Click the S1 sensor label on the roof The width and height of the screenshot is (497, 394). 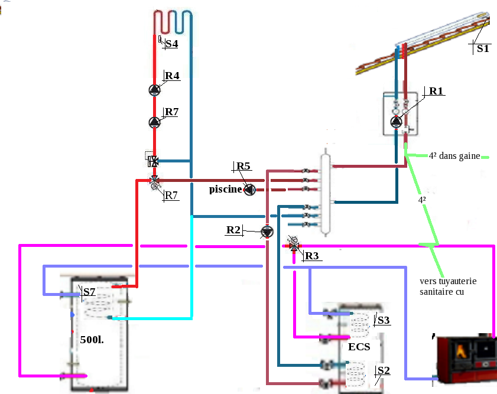point(483,49)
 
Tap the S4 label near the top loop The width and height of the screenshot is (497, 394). point(171,44)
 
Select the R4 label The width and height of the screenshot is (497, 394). point(172,76)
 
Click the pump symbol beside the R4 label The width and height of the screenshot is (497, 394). point(154,90)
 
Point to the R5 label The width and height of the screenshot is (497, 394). point(243,167)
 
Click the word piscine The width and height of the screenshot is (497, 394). point(226,190)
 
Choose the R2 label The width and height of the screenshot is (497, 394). point(233,229)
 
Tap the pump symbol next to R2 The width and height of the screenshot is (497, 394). point(267,232)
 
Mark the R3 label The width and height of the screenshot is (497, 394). point(311,256)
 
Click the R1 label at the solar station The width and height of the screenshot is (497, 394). point(436,91)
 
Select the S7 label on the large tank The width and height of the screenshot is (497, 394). point(89,292)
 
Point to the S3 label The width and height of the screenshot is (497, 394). point(383,320)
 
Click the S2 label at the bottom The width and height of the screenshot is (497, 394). point(384,370)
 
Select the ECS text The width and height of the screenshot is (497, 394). point(359,347)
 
